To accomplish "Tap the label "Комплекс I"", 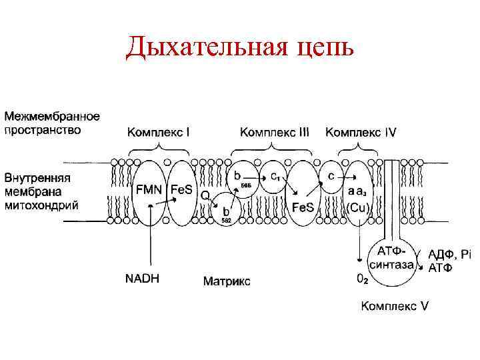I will click(x=158, y=133).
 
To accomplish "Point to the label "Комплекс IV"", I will click(x=360, y=133).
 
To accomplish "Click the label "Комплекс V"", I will click(x=395, y=306).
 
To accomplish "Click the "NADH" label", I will click(x=142, y=279).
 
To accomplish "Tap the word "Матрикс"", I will click(x=227, y=281).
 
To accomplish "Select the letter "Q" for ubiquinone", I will click(x=205, y=195).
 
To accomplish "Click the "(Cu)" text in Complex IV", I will click(x=357, y=207).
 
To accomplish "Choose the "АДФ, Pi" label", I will click(x=449, y=254).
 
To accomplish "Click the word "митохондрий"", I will click(x=41, y=205).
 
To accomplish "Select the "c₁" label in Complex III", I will click(x=275, y=176).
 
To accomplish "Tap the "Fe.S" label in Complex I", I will click(x=181, y=190).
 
